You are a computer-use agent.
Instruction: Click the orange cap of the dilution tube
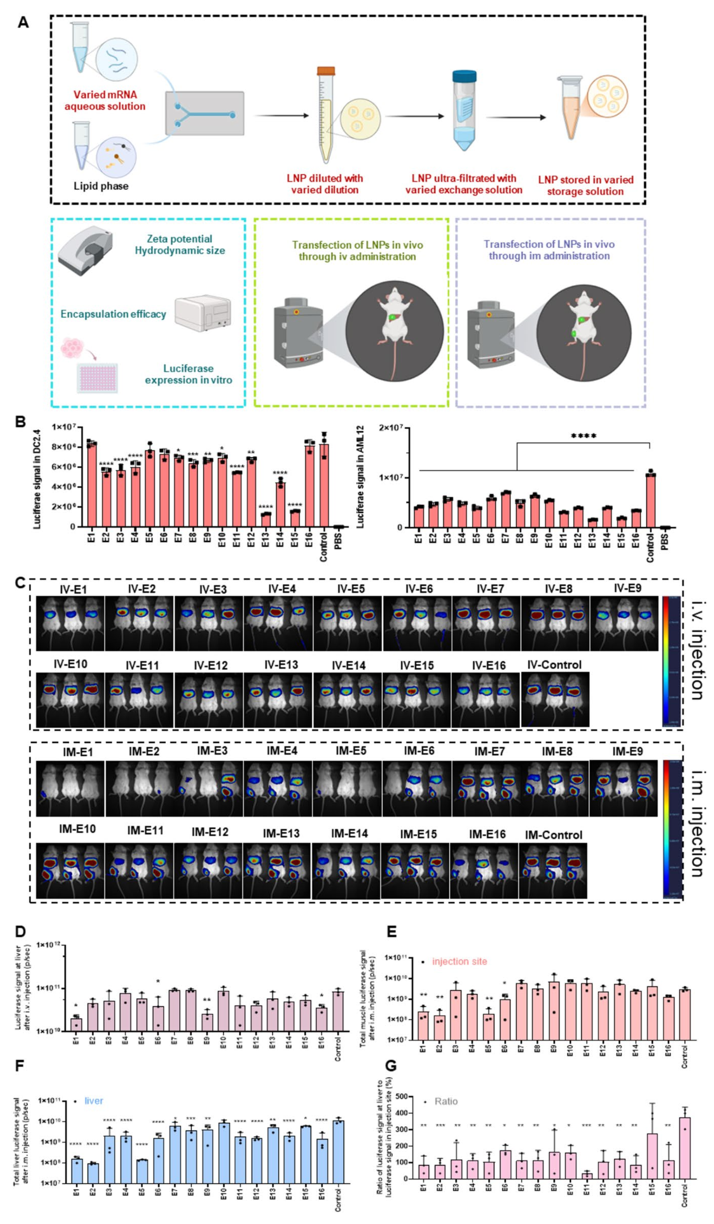(326, 71)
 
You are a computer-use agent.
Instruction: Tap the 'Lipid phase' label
(101, 186)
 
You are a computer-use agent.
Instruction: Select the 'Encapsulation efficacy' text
(113, 314)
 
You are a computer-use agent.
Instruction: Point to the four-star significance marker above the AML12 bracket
(583, 436)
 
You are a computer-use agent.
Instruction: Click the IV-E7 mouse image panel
(486, 623)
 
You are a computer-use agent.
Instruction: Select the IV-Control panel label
(554, 664)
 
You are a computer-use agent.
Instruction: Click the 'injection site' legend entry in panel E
(459, 961)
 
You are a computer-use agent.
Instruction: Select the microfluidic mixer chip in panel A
(205, 113)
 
